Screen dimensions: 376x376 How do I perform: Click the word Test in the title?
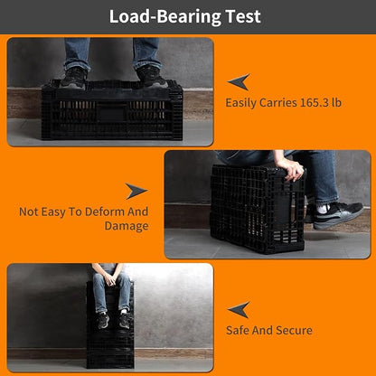coord(243,16)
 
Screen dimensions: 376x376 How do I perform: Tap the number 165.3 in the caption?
coord(314,102)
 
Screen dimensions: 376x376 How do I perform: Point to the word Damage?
coord(127,226)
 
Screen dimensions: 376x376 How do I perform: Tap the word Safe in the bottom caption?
coord(238,330)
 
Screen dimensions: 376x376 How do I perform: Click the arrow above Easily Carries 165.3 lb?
coord(239,81)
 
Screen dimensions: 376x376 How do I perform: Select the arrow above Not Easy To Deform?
coord(136,191)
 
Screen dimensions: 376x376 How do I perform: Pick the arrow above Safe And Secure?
coord(239,310)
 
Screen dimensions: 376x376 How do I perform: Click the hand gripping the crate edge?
coord(290,169)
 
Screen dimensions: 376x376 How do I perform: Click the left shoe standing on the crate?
coord(74,79)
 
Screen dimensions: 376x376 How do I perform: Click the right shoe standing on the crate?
coord(151,78)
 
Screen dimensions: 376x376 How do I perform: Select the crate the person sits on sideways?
coord(258,209)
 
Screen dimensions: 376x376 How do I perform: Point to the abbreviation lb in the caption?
coord(336,102)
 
